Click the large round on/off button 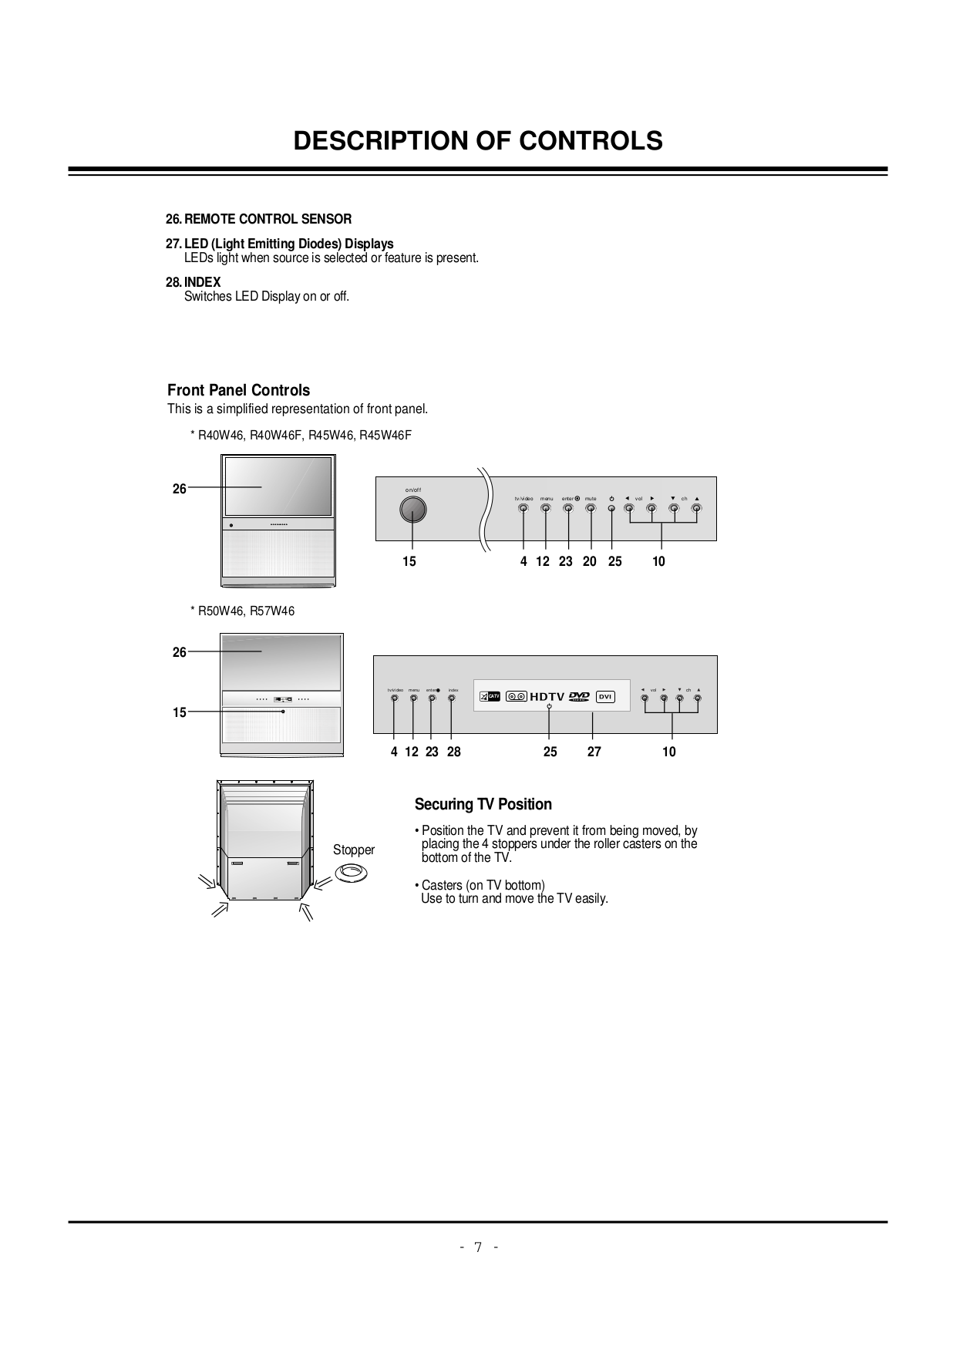[x=413, y=510]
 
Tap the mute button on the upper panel [x=591, y=508]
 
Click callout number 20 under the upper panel [x=590, y=561]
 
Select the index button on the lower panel [x=452, y=698]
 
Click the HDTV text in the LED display [x=547, y=696]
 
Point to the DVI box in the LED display [x=606, y=696]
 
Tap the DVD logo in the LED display [x=579, y=696]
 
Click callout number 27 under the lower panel [x=594, y=752]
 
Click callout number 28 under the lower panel [x=453, y=752]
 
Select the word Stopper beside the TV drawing [x=353, y=850]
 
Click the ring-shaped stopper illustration [x=351, y=873]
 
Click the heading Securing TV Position [x=483, y=804]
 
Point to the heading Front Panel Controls [x=238, y=390]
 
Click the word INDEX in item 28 [x=202, y=282]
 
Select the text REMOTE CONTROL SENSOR [x=268, y=219]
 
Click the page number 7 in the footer [x=478, y=1247]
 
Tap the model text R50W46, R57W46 [x=246, y=611]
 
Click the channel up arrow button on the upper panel [x=697, y=508]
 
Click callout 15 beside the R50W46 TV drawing [x=179, y=712]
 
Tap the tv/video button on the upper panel [x=523, y=508]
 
